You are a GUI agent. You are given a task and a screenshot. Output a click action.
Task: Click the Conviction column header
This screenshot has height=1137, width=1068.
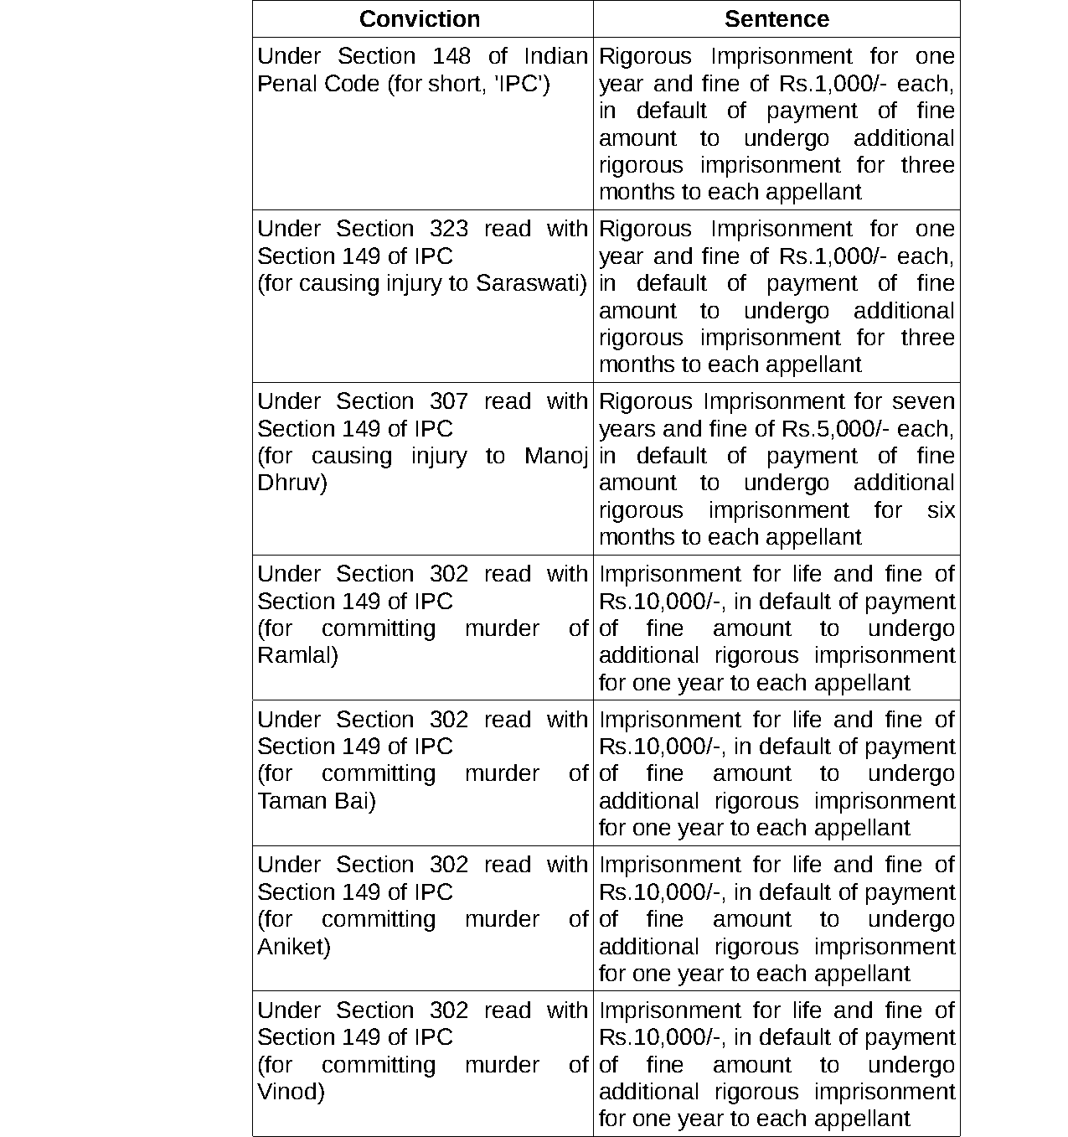tap(420, 19)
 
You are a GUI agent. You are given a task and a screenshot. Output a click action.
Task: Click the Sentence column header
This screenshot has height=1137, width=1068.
tap(776, 19)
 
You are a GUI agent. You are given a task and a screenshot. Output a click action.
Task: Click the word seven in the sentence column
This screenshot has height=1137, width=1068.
tap(923, 401)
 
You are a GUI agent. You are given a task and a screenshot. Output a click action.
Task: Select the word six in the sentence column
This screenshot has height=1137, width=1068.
tap(941, 510)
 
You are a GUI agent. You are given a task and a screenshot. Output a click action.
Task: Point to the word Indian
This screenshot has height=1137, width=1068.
tap(555, 56)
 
